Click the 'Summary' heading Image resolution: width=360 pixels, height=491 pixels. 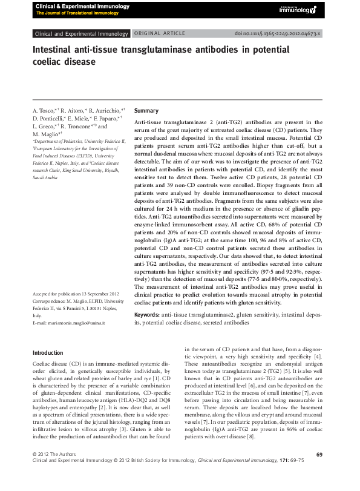click(146, 112)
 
